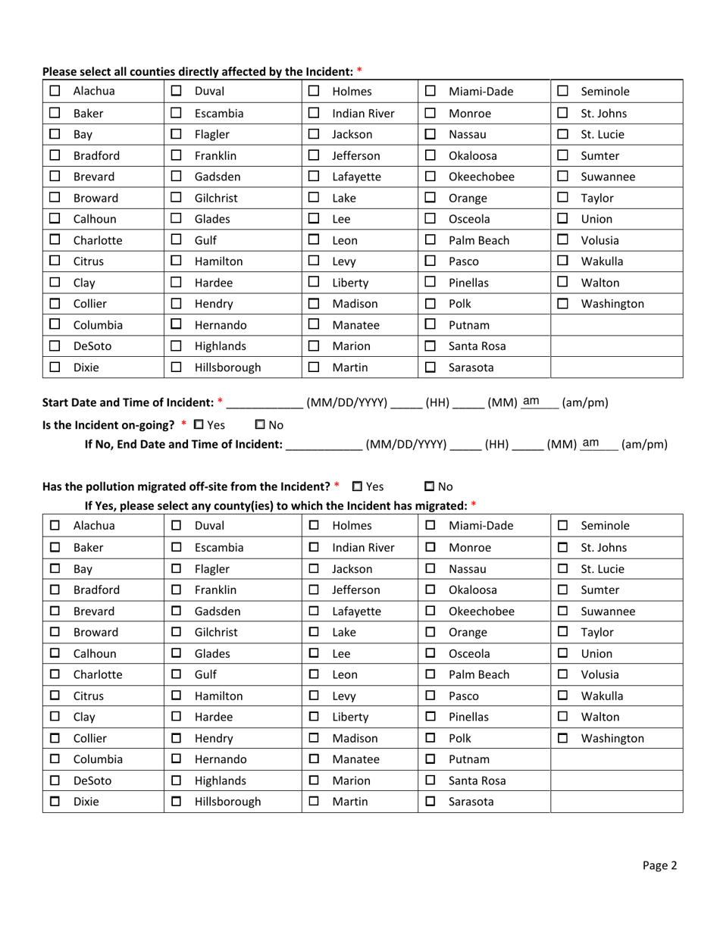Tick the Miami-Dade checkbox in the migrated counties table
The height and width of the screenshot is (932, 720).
429,525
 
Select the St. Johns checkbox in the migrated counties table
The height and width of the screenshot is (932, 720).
562,545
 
